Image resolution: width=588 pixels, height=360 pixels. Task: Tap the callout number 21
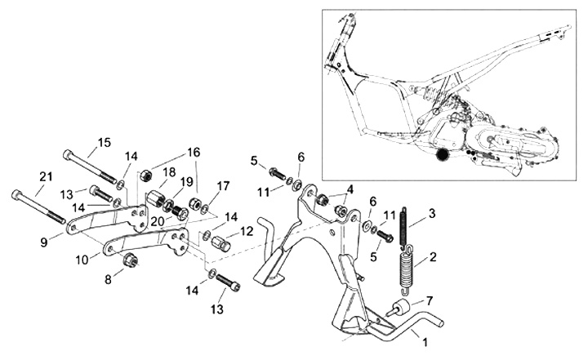pos(46,176)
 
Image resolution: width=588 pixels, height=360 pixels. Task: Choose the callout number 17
pos(223,186)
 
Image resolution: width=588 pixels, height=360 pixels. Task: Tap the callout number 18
pos(169,172)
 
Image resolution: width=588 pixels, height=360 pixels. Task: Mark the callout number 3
pos(432,213)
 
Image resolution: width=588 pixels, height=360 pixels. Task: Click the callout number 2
pos(432,257)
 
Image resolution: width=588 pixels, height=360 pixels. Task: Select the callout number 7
pos(430,301)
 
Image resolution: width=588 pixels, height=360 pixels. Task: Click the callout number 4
pos(350,189)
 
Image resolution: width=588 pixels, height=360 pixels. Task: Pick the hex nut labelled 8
pos(128,260)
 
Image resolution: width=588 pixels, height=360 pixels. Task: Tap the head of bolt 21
pos(19,194)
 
